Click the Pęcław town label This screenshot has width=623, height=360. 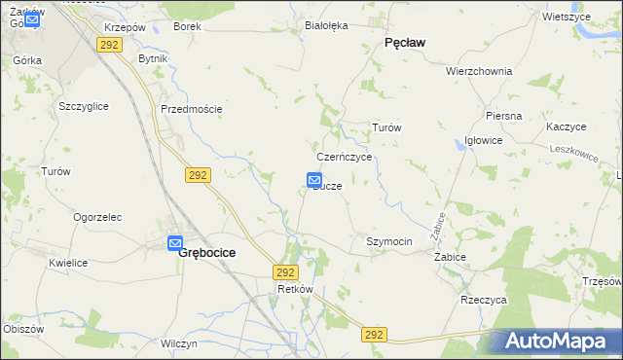click(x=408, y=43)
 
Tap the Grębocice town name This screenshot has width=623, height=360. click(x=206, y=252)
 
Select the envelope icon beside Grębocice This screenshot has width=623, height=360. click(x=175, y=243)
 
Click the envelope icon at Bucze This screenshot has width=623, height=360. click(x=314, y=180)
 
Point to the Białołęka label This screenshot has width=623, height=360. click(x=326, y=26)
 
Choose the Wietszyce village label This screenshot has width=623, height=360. click(x=568, y=18)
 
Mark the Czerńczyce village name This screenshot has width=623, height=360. click(x=345, y=157)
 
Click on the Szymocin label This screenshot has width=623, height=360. click(x=389, y=240)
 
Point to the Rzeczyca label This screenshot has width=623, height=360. click(x=484, y=301)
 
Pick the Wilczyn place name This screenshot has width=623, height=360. click(x=179, y=343)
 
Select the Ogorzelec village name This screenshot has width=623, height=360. click(x=96, y=217)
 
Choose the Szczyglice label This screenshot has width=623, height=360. click(x=83, y=105)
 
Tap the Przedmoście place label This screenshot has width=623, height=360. click(x=191, y=109)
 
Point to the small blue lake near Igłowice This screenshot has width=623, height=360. click(x=458, y=143)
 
